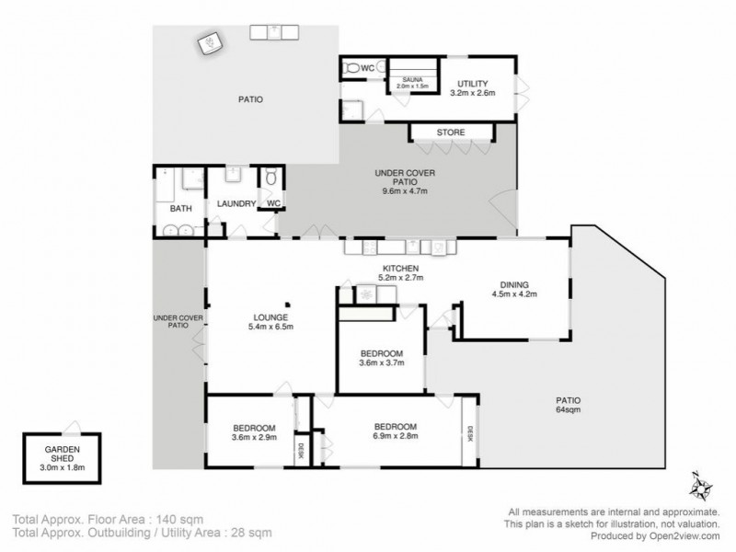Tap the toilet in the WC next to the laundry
point(270,178)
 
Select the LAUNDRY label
point(236,204)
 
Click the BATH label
point(180,209)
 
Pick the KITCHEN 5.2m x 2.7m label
point(401,272)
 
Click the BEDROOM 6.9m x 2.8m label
point(396,432)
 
